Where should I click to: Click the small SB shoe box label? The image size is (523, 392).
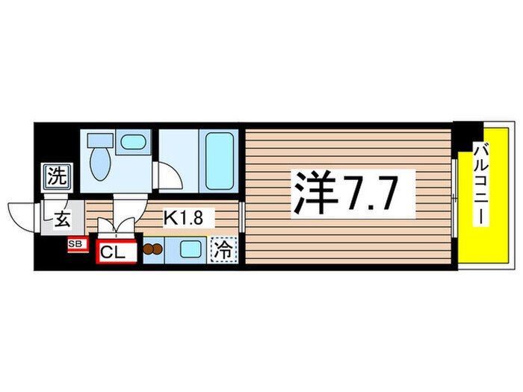[x=76, y=243]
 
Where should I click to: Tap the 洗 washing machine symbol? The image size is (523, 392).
[x=56, y=178]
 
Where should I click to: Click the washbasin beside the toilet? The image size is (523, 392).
[x=134, y=142]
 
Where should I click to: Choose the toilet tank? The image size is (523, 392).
[x=97, y=140]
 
